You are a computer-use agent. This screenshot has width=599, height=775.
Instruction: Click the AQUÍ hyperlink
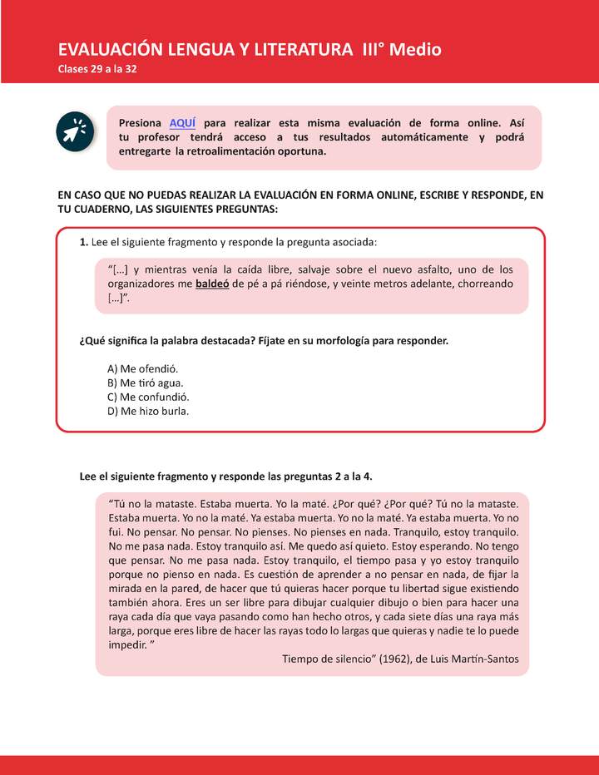click(181, 122)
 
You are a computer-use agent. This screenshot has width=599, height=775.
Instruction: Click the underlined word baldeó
click(213, 284)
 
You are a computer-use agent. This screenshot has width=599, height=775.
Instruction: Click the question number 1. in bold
click(84, 242)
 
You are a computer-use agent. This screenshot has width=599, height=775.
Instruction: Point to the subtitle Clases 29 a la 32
click(97, 69)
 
